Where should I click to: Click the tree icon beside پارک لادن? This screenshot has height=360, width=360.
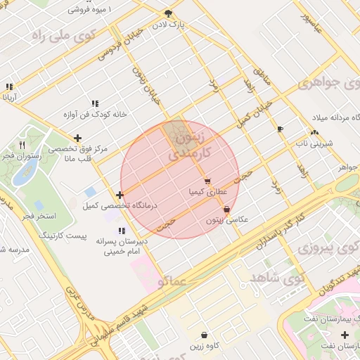(x=167, y=13)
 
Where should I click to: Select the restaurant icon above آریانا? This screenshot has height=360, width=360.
(x=9, y=87)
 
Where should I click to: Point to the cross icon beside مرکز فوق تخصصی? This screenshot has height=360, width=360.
(x=77, y=138)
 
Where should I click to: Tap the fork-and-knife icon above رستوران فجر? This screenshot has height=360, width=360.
(x=23, y=145)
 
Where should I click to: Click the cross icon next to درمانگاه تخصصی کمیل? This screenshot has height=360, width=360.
(x=120, y=195)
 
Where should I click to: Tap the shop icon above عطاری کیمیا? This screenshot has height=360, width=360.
(x=207, y=181)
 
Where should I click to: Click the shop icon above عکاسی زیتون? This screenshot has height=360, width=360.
(x=226, y=209)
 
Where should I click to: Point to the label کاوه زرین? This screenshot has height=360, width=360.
(x=204, y=345)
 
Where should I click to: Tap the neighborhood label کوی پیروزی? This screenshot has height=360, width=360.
(x=327, y=247)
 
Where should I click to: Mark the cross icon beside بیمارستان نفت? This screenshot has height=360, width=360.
(x=344, y=335)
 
